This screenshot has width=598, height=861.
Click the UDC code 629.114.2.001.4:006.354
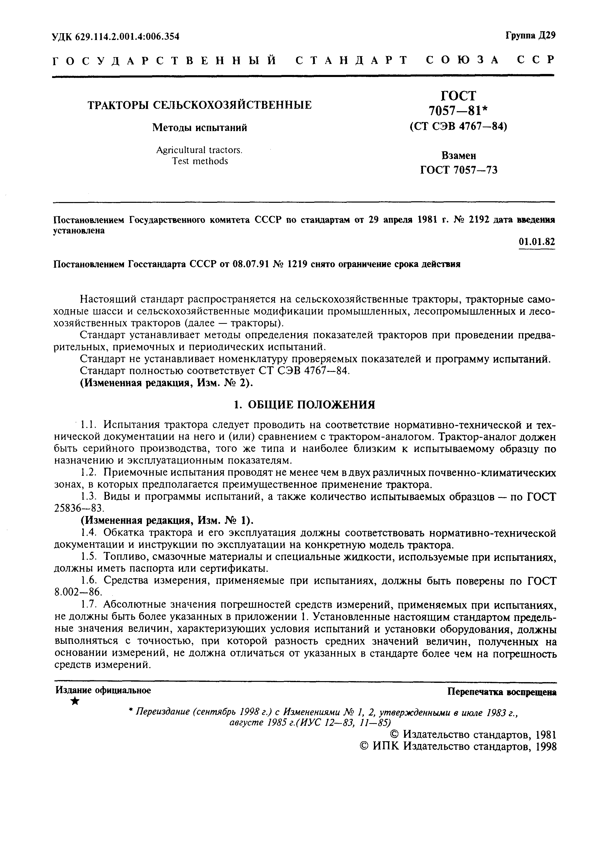(x=127, y=36)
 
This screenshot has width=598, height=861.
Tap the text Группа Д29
(x=530, y=36)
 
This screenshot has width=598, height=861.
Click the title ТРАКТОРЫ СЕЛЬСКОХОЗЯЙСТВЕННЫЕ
(x=199, y=105)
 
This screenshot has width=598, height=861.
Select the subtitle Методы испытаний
(x=199, y=128)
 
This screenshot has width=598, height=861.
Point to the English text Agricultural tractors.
(x=199, y=150)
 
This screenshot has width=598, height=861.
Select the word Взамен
(x=459, y=155)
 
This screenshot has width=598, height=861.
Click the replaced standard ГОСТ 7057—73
(x=459, y=170)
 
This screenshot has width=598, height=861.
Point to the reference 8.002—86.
(x=78, y=593)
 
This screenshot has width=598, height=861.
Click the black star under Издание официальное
(x=75, y=701)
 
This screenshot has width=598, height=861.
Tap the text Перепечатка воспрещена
(x=502, y=692)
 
